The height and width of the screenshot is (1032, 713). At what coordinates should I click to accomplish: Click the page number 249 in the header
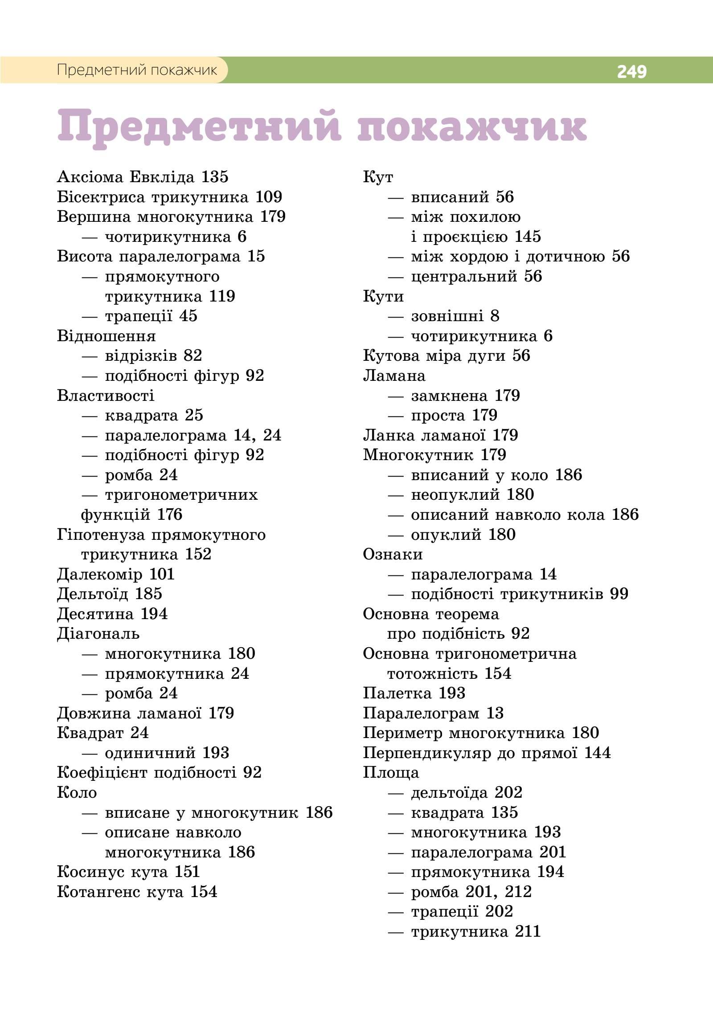631,71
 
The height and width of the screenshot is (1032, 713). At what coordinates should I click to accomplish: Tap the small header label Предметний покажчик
137,70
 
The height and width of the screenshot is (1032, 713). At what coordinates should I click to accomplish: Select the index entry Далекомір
99,574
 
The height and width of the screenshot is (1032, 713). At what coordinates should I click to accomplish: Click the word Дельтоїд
93,594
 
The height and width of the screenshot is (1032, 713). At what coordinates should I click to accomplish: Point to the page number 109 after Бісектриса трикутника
269,197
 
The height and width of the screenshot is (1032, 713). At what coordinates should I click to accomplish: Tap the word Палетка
397,693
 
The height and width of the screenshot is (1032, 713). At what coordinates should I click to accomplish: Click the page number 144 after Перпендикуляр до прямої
597,753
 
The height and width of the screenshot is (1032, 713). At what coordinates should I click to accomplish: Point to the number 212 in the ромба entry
518,892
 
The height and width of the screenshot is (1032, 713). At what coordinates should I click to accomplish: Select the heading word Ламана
394,375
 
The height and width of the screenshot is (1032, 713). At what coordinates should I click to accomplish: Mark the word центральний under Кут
464,277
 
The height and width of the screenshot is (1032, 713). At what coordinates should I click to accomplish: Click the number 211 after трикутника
528,931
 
